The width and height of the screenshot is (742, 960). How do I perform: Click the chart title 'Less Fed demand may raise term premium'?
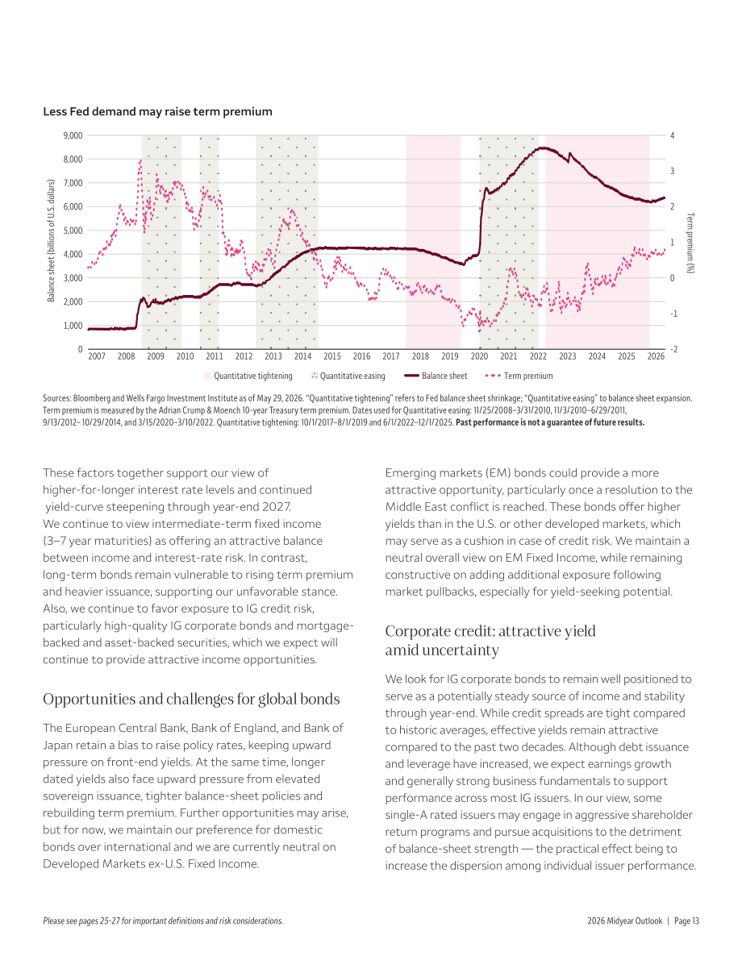point(157,111)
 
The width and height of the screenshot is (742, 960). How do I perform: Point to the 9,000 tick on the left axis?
point(73,135)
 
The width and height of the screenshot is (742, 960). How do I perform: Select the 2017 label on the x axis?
point(391,356)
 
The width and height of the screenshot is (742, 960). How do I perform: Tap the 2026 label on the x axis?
point(656,356)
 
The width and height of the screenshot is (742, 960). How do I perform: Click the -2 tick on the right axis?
point(673,349)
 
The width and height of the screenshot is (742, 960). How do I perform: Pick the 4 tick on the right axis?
point(672,135)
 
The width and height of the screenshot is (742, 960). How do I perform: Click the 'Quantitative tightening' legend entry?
point(248,376)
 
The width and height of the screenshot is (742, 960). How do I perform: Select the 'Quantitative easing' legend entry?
point(348,376)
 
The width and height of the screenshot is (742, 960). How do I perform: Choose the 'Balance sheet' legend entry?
point(436,376)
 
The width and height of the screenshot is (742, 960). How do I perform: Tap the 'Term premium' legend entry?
point(519,376)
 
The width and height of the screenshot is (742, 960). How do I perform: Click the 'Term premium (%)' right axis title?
point(690,243)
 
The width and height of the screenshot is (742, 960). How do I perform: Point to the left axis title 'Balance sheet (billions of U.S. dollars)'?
point(52,241)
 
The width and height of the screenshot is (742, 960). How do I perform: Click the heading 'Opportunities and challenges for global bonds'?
point(191,699)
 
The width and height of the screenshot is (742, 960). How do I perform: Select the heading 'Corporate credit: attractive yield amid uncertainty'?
point(490,641)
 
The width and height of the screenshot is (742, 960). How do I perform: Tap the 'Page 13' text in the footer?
point(686,921)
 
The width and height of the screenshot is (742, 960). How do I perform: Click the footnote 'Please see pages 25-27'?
point(163,921)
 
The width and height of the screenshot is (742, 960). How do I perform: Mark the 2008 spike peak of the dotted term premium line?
point(140,160)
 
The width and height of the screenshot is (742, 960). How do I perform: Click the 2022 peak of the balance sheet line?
point(542,148)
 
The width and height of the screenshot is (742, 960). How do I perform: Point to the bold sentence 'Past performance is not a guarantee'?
point(550,422)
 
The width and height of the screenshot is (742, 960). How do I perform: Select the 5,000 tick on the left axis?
point(73,231)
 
